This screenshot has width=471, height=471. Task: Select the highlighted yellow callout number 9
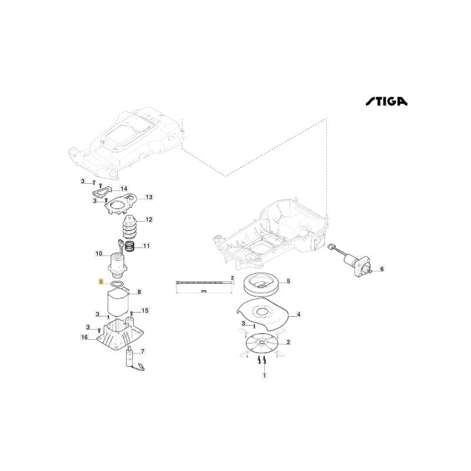pyautogui.click(x=101, y=283)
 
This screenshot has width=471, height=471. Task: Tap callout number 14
pyautogui.click(x=123, y=188)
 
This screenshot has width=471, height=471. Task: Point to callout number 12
pyautogui.click(x=149, y=220)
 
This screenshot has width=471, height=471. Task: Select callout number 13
pyautogui.click(x=149, y=197)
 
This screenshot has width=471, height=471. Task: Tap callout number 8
pyautogui.click(x=139, y=291)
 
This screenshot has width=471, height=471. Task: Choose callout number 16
pyautogui.click(x=84, y=337)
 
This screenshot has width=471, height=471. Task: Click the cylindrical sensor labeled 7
pyautogui.click(x=130, y=357)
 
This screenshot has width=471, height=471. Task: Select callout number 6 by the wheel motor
pyautogui.click(x=381, y=270)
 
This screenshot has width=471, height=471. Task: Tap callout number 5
pyautogui.click(x=288, y=281)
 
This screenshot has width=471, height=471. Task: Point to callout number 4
pyautogui.click(x=298, y=315)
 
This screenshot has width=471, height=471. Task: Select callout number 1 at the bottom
pyautogui.click(x=264, y=375)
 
